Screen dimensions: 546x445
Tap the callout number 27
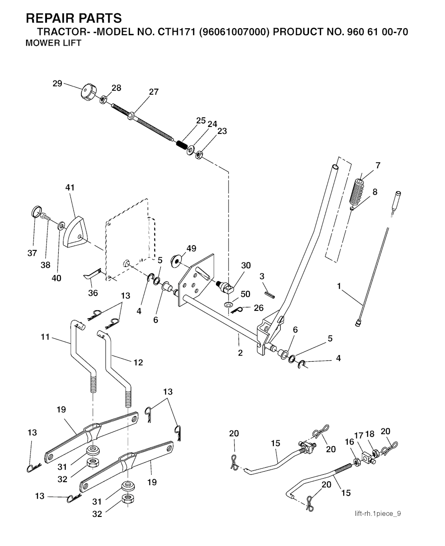pos(153,92)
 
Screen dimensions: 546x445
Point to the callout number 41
pos(70,187)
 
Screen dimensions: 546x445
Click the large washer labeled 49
pos(177,259)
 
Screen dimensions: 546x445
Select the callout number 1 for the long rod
pos(339,286)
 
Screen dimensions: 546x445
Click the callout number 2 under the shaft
pos(240,353)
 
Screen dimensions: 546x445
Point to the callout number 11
pos(45,336)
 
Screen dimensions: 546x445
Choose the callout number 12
pos(138,362)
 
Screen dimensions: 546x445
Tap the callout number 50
pos(245,294)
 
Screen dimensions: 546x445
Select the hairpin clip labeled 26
pos(237,310)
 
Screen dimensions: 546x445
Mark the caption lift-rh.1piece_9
pos(378,514)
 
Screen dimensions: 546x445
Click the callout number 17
pos(358,435)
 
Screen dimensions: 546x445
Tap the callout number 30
pos(246,266)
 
